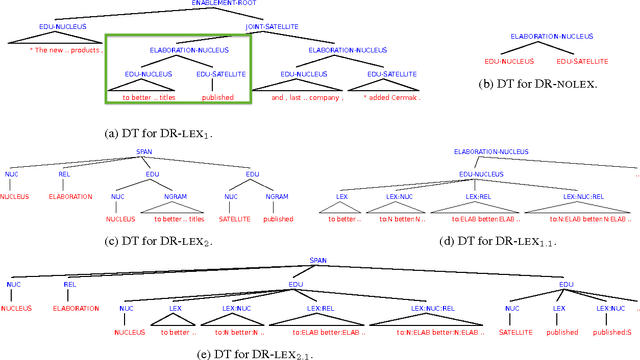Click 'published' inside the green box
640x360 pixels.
[x=218, y=98]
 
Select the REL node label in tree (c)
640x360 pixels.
[x=65, y=176]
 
